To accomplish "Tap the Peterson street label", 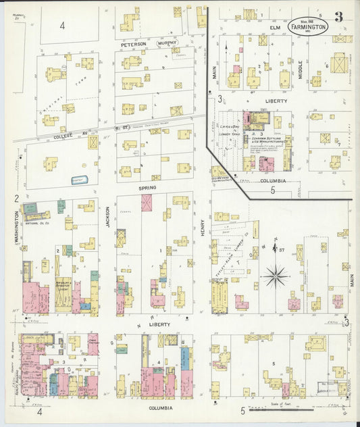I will coord(133,44).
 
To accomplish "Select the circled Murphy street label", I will coord(168,43).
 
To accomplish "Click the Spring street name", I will coord(147,187).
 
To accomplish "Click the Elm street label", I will coord(275,28).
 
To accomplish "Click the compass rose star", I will coord(276,276).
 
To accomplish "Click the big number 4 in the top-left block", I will coord(61,25).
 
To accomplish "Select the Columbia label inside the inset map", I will coord(273,181).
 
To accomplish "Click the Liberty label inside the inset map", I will coord(276,101).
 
